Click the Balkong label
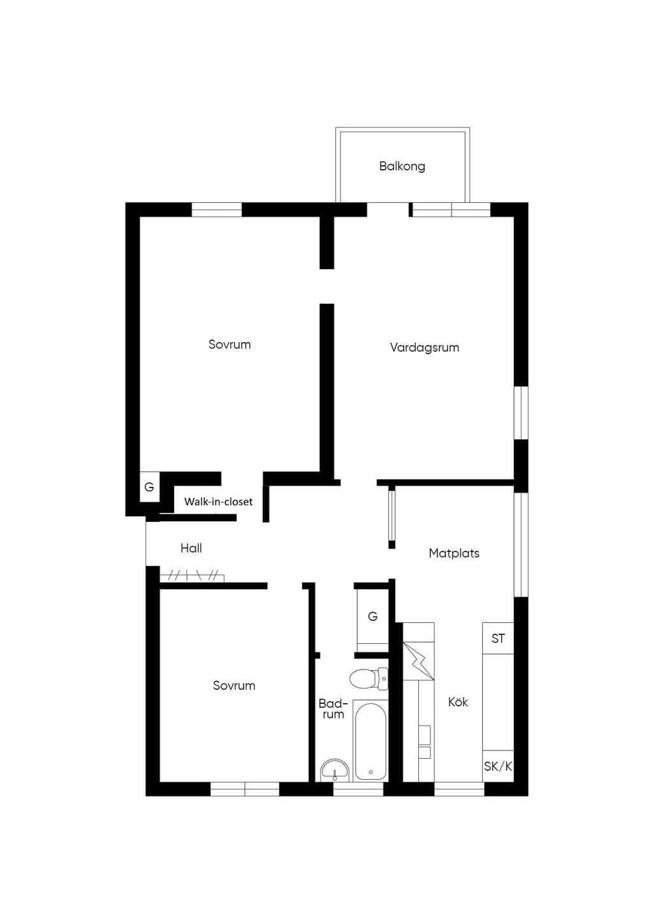point(402,167)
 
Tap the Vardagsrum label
point(425,347)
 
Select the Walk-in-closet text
point(218,502)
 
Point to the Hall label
point(191,548)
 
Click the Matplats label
point(454,553)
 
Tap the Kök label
point(458,702)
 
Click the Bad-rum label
point(333,709)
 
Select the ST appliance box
point(498,638)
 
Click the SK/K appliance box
point(498,766)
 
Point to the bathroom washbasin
point(335,771)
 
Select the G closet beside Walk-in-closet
point(149,487)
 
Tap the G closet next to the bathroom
point(372,616)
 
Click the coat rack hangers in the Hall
point(192,576)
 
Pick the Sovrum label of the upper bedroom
point(230,345)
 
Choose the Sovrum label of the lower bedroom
point(234,685)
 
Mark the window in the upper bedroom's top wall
point(217,209)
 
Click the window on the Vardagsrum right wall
point(521,413)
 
